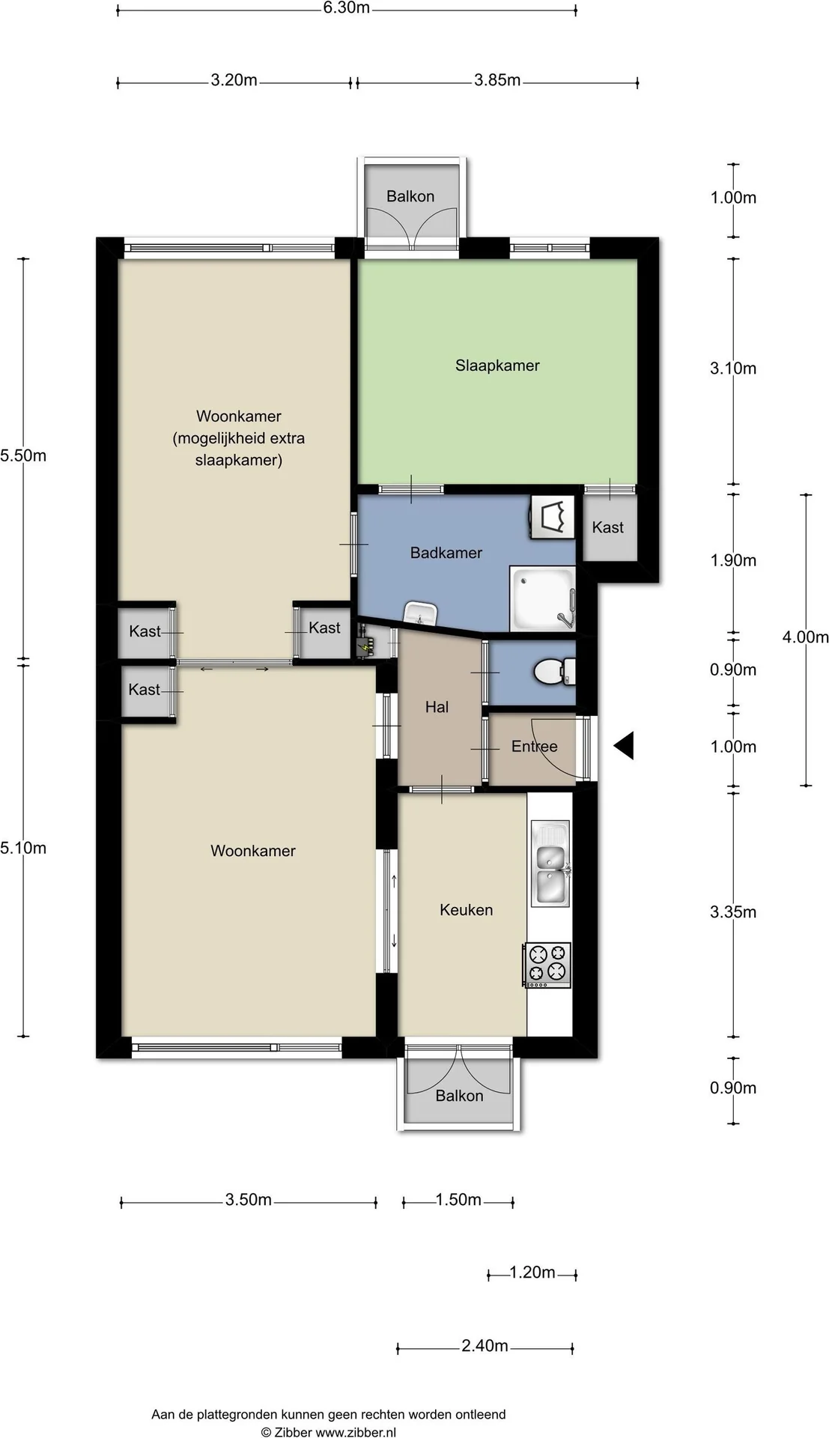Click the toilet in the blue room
(555, 670)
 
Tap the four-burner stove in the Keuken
(547, 964)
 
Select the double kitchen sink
(550, 861)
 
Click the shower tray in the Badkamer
(542, 598)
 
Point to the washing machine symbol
(552, 516)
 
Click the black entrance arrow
(623, 745)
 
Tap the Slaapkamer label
(497, 365)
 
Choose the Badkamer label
(446, 553)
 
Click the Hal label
(437, 706)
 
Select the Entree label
(535, 746)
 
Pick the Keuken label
(467, 910)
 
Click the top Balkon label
(410, 196)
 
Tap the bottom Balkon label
(459, 1096)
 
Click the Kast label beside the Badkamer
(608, 527)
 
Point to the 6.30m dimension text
(347, 8)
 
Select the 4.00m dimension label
(806, 637)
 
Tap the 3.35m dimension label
(733, 911)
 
